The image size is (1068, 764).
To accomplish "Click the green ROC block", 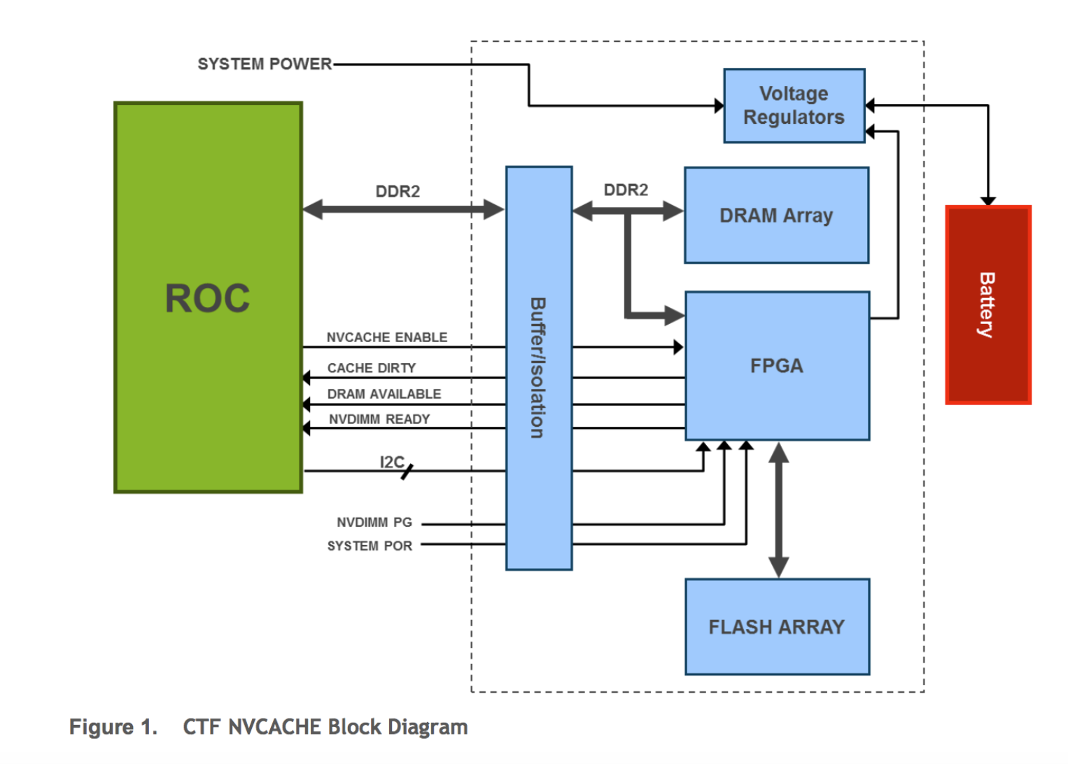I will pyautogui.click(x=208, y=297).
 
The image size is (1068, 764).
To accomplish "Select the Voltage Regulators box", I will pyautogui.click(x=794, y=106).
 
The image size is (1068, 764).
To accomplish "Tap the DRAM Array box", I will pyautogui.click(x=776, y=215).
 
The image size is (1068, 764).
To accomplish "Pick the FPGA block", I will pyautogui.click(x=777, y=366).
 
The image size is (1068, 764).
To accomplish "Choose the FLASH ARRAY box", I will pyautogui.click(x=777, y=627).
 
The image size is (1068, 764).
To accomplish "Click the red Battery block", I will pyautogui.click(x=988, y=305).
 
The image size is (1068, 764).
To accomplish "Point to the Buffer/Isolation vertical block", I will pyautogui.click(x=538, y=368).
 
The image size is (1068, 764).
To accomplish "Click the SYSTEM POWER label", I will pyautogui.click(x=265, y=64).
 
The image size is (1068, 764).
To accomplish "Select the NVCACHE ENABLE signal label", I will pyautogui.click(x=387, y=337).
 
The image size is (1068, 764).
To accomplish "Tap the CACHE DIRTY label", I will pyautogui.click(x=372, y=368).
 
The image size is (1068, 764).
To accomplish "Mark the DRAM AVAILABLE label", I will pyautogui.click(x=384, y=394).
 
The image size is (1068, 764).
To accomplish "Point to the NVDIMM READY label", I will pyautogui.click(x=379, y=419).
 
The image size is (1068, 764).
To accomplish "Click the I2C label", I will pyautogui.click(x=391, y=462).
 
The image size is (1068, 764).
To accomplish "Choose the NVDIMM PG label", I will pyautogui.click(x=374, y=523).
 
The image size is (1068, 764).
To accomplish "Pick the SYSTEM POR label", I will pyautogui.click(x=370, y=546).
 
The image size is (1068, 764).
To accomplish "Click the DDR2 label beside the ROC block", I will pyautogui.click(x=398, y=192).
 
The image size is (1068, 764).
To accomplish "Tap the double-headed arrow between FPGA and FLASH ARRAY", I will pyautogui.click(x=778, y=510).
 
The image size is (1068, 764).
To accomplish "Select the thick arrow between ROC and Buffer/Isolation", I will pyautogui.click(x=403, y=208).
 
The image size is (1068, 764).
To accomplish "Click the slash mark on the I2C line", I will pyautogui.click(x=407, y=472).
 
